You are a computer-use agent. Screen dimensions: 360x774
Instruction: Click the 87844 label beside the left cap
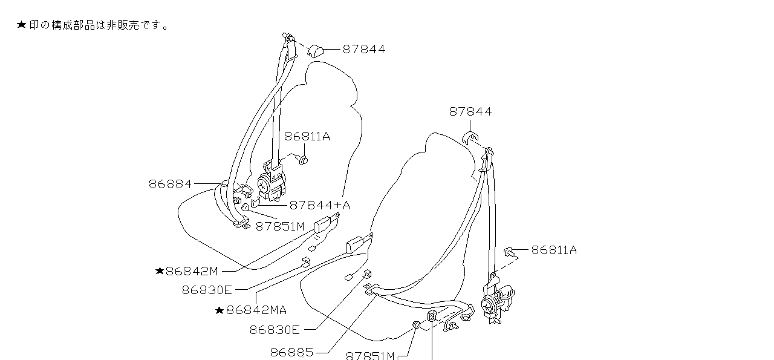click(x=363, y=50)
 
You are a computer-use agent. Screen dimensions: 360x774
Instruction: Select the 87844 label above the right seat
click(x=470, y=112)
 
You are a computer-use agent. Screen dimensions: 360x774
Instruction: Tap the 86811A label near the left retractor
click(x=307, y=137)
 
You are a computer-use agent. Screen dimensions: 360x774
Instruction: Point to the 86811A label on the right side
click(x=554, y=250)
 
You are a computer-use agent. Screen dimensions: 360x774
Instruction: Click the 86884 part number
click(x=170, y=184)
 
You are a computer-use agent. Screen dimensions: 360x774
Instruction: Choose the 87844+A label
click(x=319, y=206)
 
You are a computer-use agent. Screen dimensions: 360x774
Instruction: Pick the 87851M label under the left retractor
click(x=279, y=227)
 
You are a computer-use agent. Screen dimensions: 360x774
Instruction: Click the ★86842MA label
click(x=250, y=310)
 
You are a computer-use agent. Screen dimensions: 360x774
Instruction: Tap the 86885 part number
click(x=291, y=352)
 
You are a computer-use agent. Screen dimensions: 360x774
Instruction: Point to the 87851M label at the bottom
click(x=370, y=356)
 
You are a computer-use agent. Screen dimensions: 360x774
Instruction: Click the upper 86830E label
click(x=207, y=290)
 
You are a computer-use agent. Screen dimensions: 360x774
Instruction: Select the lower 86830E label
click(x=275, y=330)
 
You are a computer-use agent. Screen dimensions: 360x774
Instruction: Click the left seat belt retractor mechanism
click(x=271, y=183)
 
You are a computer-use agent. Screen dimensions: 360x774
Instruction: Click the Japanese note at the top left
click(x=94, y=25)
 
